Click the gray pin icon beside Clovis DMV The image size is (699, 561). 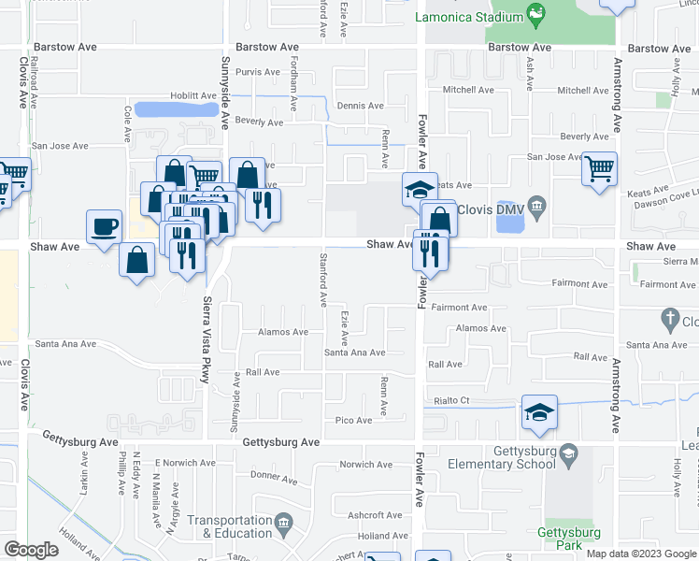[x=536, y=206]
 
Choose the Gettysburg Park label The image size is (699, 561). [x=567, y=539]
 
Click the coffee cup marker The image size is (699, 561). [x=104, y=226]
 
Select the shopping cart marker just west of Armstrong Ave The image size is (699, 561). [x=599, y=170]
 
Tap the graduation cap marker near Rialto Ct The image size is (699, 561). [x=539, y=413]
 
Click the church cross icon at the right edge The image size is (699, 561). [x=668, y=321]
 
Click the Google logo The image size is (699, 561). [x=31, y=550]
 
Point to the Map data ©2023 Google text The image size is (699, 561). [x=641, y=554]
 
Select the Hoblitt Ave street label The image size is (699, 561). [x=197, y=96]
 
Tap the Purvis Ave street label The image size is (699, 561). [x=258, y=72]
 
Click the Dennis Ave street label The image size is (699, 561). [x=361, y=106]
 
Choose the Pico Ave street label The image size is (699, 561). [x=353, y=421]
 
